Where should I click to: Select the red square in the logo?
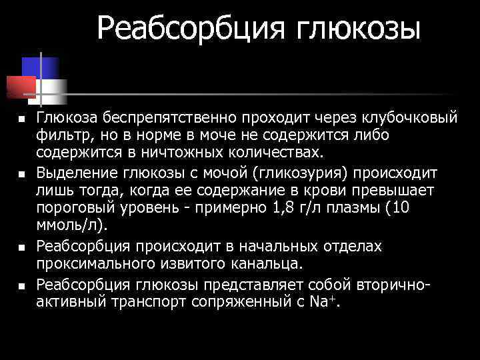click(x=21, y=85)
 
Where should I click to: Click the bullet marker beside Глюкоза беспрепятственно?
click(x=21, y=119)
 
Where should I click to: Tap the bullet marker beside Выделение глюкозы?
click(x=21, y=175)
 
